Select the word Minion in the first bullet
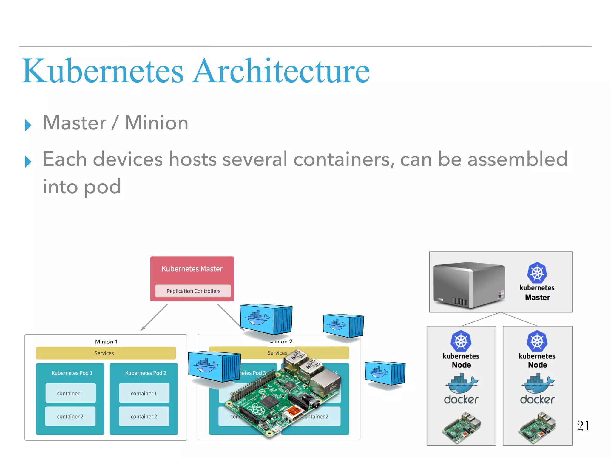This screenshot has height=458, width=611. coord(156,123)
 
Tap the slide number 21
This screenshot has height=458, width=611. coord(583,426)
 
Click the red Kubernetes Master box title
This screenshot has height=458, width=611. coord(192,269)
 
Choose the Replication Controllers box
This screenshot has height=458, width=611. coord(193,291)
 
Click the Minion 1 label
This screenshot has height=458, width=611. coord(106,342)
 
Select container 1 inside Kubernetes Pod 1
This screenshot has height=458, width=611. coord(70,393)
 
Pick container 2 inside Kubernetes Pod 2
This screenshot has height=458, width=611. coord(144,417)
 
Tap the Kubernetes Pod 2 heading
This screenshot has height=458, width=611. coord(146,373)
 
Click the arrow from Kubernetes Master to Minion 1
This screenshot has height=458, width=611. coord(154,317)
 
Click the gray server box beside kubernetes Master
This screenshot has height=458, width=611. coord(469,284)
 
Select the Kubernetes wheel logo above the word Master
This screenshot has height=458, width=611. coord(537,273)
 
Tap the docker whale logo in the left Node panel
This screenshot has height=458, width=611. coord(461,384)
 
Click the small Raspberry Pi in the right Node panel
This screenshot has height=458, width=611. coord(537,428)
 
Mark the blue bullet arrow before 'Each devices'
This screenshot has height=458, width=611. coord(28,162)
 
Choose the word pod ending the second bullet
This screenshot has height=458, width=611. coord(102,187)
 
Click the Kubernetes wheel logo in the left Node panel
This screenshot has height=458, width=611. coord(461,341)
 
